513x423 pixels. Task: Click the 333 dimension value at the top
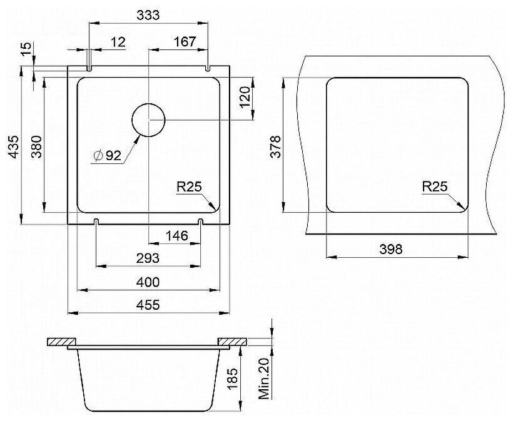coord(148,15)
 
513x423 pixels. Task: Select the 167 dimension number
coord(185,41)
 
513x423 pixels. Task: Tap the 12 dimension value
coord(118,42)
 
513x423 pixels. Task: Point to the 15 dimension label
coord(27,48)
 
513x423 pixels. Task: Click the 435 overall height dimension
coord(14,147)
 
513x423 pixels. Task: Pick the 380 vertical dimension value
coord(37,147)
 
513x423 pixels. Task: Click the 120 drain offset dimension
coord(245,98)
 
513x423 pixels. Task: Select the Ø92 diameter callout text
coord(108,156)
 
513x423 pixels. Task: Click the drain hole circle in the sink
coord(148,120)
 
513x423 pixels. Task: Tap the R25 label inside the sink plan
coord(190,187)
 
